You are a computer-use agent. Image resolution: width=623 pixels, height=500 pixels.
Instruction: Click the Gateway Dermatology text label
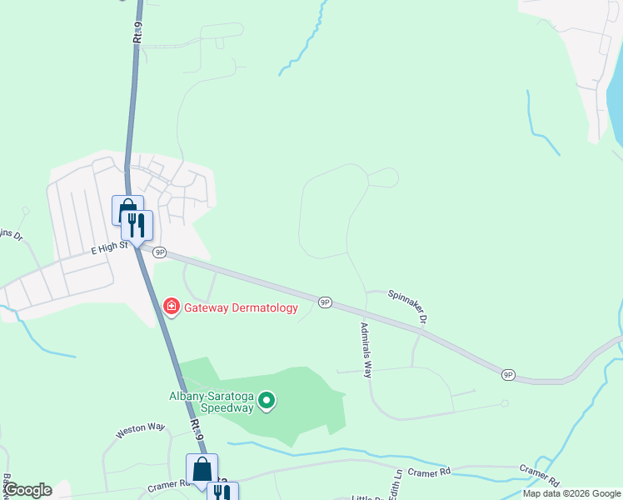pyautogui.click(x=241, y=308)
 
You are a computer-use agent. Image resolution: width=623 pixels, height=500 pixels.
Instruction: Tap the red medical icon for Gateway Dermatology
pyautogui.click(x=172, y=308)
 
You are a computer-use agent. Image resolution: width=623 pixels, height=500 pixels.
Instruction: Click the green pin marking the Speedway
pyautogui.click(x=267, y=402)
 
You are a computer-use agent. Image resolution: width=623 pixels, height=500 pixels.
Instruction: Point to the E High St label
pyautogui.click(x=108, y=247)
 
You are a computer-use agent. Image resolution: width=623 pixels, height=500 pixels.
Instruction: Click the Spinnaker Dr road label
pyautogui.click(x=407, y=306)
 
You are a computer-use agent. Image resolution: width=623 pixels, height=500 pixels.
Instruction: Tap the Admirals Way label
pyautogui.click(x=365, y=350)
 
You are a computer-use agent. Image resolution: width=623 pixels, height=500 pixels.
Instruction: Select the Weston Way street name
pyautogui.click(x=140, y=427)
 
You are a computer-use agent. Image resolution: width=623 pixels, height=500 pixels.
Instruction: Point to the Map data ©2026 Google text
pyautogui.click(x=571, y=493)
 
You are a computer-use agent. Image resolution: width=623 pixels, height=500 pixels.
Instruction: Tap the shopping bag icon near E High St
pyautogui.click(x=127, y=208)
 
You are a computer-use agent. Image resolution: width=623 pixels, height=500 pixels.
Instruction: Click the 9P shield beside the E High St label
pyautogui.click(x=159, y=252)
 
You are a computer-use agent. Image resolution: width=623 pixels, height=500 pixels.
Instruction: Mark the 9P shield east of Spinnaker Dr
pyautogui.click(x=507, y=374)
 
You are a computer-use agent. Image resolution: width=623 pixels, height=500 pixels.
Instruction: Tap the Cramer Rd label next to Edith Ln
pyautogui.click(x=429, y=472)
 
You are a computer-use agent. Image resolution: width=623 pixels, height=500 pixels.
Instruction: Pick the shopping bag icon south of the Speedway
pyautogui.click(x=202, y=468)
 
